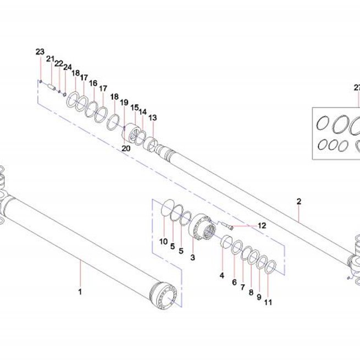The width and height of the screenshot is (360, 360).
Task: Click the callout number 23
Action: coord(40,52)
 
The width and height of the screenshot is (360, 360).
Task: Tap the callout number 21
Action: coord(50,59)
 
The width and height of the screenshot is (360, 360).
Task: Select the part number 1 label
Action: coord(80,292)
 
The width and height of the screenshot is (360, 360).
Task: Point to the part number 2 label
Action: coord(298,201)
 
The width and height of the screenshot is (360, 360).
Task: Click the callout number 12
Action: coord(262,225)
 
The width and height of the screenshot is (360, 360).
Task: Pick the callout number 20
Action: coord(126,148)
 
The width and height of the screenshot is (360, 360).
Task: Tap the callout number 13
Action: coord(152,118)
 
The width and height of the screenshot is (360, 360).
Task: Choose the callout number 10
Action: coord(163,241)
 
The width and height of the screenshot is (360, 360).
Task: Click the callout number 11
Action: coord(268,302)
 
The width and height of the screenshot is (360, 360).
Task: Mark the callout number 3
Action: coord(192,257)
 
